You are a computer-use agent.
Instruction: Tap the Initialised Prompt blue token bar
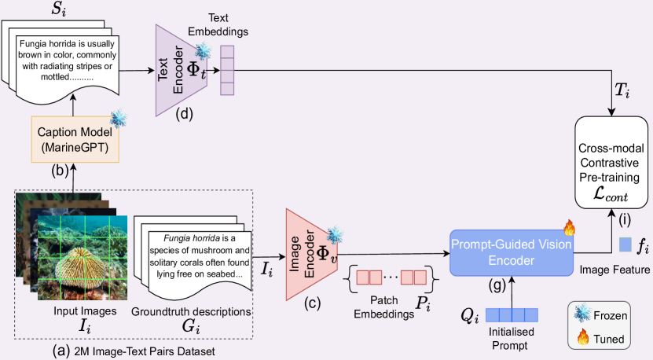pyautogui.click(x=512, y=315)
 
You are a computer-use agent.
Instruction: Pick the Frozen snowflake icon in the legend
pyautogui.click(x=583, y=317)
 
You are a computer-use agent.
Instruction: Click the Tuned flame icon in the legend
pyautogui.click(x=583, y=340)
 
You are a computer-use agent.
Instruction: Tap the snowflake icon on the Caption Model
pyautogui.click(x=119, y=119)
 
